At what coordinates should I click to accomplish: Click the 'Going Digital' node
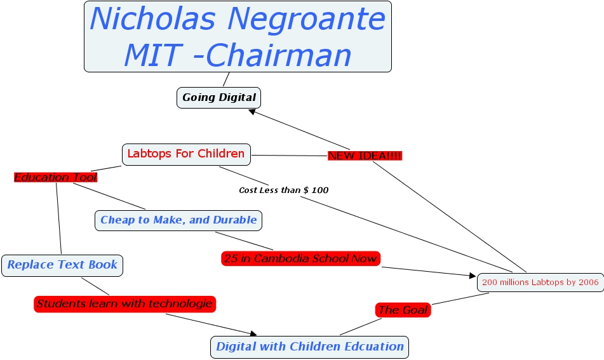(x=218, y=98)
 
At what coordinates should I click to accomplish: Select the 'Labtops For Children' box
(x=186, y=154)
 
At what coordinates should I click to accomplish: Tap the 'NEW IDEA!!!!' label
(x=365, y=156)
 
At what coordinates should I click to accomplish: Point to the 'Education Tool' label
(x=55, y=177)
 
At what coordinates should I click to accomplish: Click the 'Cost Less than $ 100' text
(x=283, y=190)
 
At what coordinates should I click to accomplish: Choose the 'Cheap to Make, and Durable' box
(x=178, y=220)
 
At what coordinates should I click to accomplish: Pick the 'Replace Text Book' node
(x=62, y=265)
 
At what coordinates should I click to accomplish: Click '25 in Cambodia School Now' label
(x=300, y=258)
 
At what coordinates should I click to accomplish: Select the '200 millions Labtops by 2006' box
(x=540, y=282)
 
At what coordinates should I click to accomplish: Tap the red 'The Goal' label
(x=403, y=310)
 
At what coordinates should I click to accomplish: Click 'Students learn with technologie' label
(x=124, y=304)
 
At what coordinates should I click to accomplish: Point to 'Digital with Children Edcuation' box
(x=309, y=347)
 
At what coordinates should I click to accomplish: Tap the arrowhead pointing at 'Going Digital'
(x=252, y=112)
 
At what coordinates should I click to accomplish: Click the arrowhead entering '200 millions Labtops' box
(x=472, y=276)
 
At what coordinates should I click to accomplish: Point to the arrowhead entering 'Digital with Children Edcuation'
(x=253, y=334)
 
